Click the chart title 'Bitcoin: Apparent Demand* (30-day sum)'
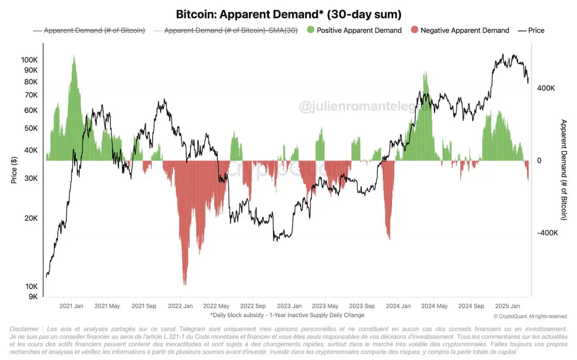(288, 14)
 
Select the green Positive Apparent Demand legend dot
(311, 30)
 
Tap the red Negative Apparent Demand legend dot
(414, 30)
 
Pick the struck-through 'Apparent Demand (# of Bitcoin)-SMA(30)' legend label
(230, 30)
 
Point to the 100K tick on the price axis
(29, 60)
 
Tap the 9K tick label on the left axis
(32, 297)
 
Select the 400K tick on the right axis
(545, 88)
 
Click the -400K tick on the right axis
(547, 233)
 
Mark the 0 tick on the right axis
(539, 161)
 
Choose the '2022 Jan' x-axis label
(180, 306)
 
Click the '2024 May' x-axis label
(434, 306)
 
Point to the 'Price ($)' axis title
(14, 170)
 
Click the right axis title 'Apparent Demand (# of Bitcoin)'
(563, 170)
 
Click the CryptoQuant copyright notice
(530, 316)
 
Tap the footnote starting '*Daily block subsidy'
(287, 315)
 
